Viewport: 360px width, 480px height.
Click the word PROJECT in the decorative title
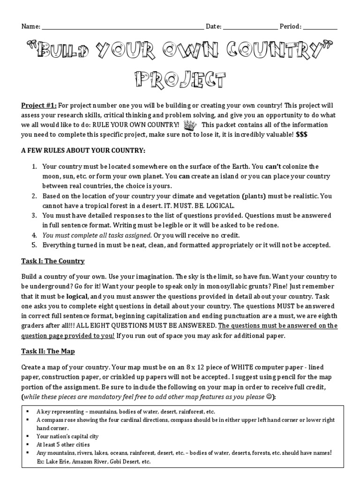[180, 79]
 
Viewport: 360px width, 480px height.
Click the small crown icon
[190, 125]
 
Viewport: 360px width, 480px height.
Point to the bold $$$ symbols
[302, 135]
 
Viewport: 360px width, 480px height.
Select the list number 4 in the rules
[34, 235]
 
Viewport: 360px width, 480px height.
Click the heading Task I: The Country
[53, 261]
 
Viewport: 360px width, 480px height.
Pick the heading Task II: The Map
[48, 351]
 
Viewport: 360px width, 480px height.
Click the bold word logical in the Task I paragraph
[77, 297]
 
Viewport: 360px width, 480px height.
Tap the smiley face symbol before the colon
[270, 397]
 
